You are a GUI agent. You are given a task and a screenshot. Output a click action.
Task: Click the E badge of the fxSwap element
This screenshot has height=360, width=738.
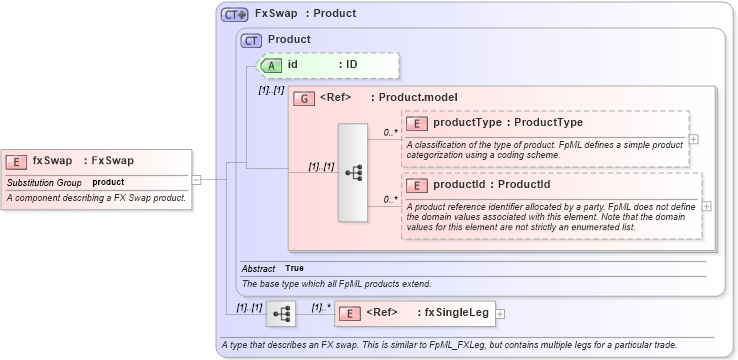(17, 161)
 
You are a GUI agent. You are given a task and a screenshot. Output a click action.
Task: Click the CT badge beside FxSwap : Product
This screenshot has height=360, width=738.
(234, 14)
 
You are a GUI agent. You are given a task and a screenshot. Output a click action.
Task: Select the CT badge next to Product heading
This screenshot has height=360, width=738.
(252, 40)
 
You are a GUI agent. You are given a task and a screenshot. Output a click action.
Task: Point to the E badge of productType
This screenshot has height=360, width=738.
(417, 123)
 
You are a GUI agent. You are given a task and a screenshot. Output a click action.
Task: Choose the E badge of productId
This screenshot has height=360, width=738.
(417, 185)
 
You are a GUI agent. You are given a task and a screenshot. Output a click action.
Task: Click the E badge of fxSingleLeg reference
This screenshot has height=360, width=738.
(350, 313)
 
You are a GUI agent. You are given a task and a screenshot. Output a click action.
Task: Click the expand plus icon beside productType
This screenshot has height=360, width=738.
(693, 139)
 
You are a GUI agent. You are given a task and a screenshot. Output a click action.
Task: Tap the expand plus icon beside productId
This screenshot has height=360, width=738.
(706, 206)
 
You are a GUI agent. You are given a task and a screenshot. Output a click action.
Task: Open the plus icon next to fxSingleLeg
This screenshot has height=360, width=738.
(500, 313)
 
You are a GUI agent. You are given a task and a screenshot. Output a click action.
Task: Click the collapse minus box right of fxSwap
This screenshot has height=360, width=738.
(197, 180)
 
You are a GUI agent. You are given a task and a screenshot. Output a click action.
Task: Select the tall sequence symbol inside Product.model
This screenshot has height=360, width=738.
(353, 172)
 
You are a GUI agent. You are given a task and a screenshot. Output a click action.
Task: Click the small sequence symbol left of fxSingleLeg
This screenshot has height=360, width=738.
(281, 313)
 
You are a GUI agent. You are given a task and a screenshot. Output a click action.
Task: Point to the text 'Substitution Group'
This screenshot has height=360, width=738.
(44, 183)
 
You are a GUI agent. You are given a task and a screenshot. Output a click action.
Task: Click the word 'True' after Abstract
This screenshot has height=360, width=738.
(294, 268)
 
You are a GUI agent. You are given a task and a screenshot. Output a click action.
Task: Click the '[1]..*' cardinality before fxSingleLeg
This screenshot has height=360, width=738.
(321, 307)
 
